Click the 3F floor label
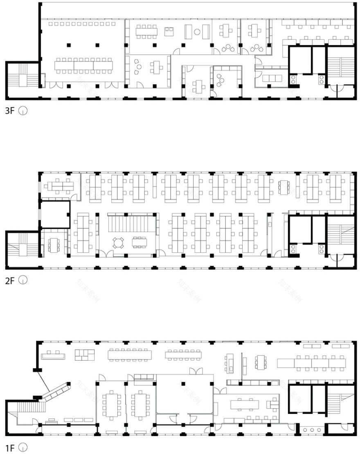[10, 110]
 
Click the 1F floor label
[10, 448]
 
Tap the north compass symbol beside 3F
[24, 110]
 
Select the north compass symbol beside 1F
[24, 448]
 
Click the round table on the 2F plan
[119, 243]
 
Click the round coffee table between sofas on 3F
[197, 31]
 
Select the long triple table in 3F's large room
[83, 65]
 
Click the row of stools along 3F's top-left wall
[82, 24]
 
